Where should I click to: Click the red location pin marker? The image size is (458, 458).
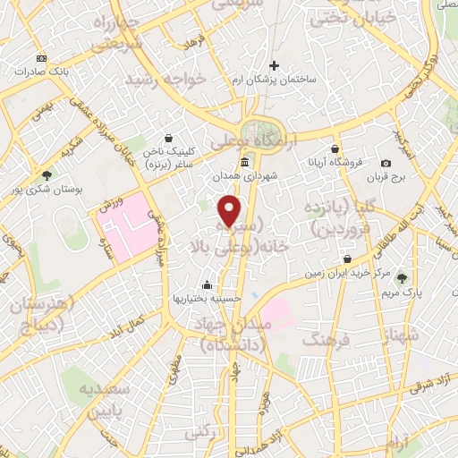(231, 211)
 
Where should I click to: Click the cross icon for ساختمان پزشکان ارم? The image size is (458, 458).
(275, 65)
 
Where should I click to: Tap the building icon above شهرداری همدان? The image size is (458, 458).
(245, 162)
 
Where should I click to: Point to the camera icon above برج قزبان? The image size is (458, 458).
(386, 164)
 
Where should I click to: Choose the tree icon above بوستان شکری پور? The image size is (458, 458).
(47, 175)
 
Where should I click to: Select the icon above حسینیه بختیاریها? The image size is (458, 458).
(208, 284)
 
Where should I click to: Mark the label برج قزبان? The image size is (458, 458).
(386, 177)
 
